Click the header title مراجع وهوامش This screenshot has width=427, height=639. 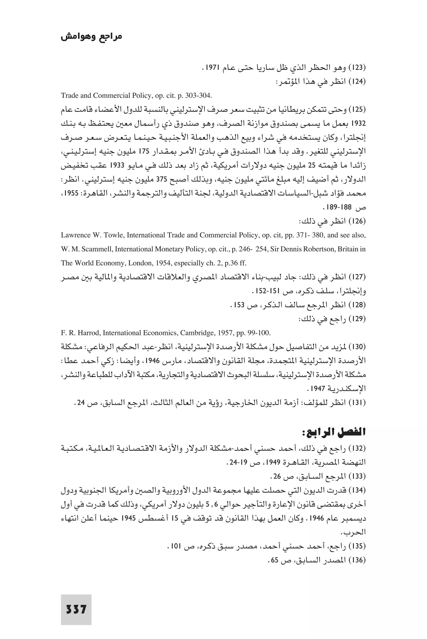(91, 36)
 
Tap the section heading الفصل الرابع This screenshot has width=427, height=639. (334, 432)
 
